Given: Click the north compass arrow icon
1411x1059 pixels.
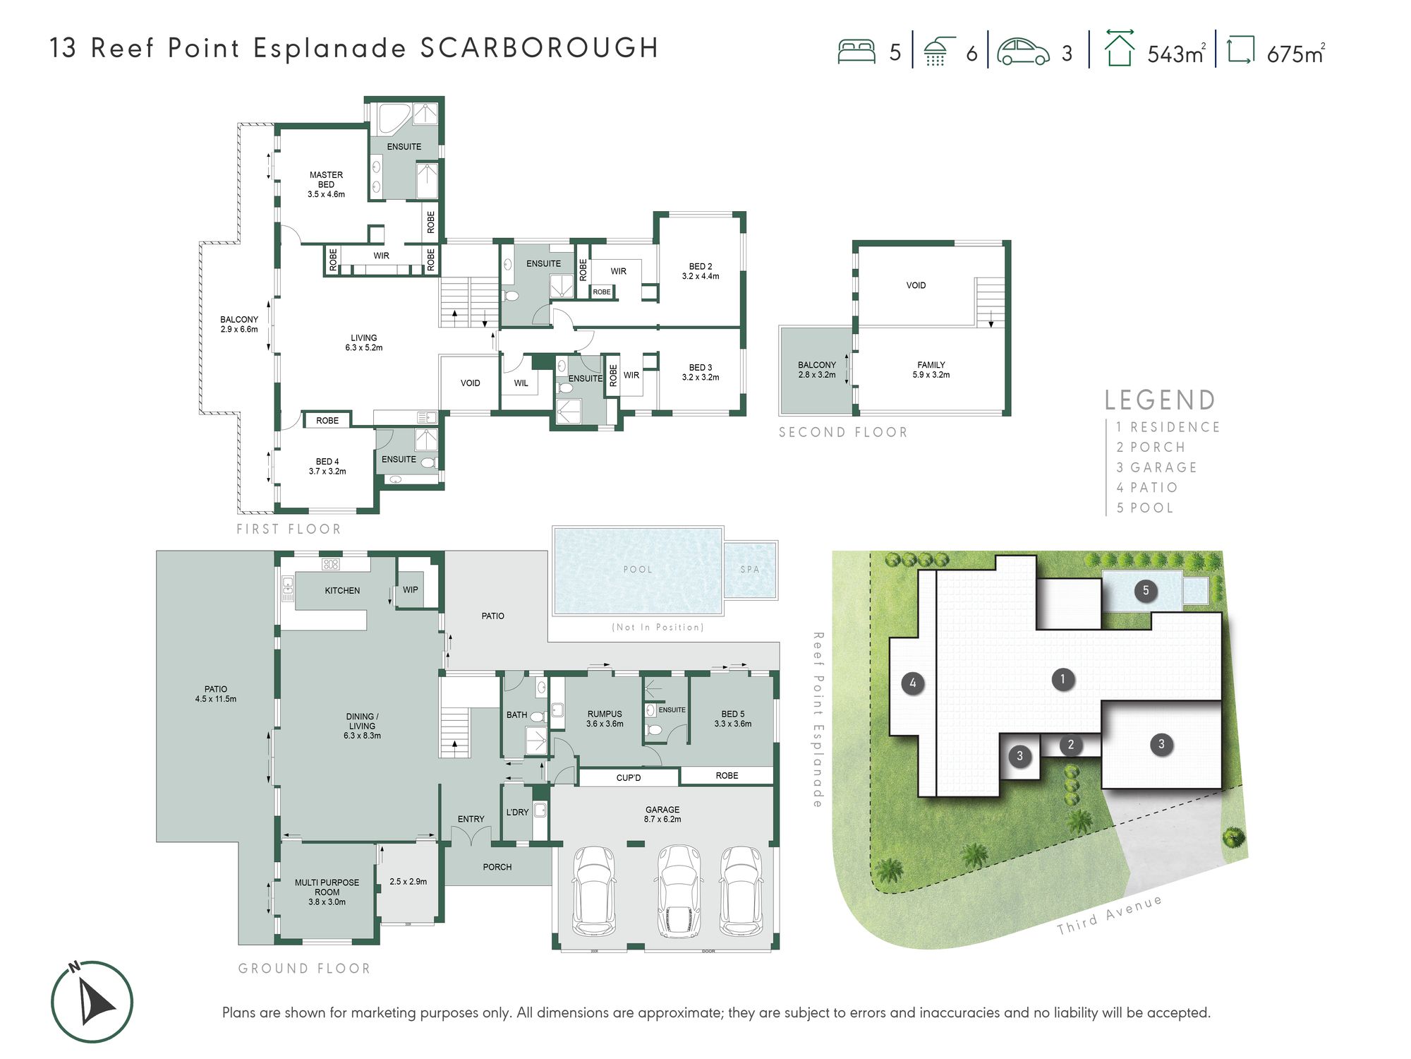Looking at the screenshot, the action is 92,1001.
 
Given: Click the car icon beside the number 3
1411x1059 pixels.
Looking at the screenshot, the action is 1023,52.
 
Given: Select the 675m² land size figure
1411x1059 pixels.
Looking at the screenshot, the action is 1296,54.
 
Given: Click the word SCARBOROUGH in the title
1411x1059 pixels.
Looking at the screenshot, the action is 540,48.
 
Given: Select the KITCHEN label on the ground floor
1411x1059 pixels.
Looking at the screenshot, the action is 342,590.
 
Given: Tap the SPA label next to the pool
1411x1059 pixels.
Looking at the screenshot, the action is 750,569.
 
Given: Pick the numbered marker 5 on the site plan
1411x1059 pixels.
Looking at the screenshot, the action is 1146,591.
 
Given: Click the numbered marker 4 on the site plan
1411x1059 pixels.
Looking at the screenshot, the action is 913,683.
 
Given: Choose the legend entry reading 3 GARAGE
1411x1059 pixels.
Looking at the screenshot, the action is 1157,467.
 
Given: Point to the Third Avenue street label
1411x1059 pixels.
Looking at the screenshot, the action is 1109,915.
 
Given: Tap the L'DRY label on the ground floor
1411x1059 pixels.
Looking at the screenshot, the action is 517,812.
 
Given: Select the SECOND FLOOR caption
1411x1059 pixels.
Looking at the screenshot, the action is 843,432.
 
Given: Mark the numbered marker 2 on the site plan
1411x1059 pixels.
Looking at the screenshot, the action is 1071,744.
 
